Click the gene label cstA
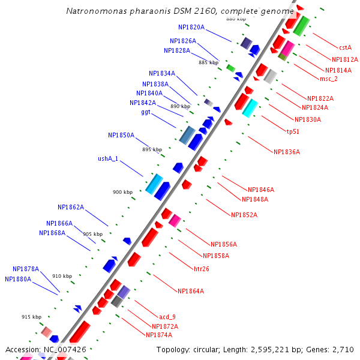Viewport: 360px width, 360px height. click(345, 47)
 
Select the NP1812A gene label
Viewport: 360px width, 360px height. click(344, 59)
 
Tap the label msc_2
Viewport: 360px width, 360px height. click(328, 79)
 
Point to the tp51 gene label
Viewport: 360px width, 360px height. click(293, 131)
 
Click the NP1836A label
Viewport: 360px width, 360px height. click(286, 152)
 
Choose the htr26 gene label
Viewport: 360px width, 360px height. click(201, 268)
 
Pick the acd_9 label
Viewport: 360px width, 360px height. click(167, 316)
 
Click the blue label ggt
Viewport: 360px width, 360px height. click(146, 112)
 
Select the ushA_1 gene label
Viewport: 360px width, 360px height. click(108, 159)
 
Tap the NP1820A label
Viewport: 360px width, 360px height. click(191, 27)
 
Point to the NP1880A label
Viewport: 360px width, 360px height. click(18, 279)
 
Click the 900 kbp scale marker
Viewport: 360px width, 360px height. click(123, 192)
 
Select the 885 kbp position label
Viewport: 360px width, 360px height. click(208, 62)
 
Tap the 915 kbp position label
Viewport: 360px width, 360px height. click(31, 317)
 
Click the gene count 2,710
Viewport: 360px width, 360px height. click(343, 349)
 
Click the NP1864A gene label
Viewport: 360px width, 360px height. click(190, 291)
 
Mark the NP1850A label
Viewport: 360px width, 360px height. click(121, 135)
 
